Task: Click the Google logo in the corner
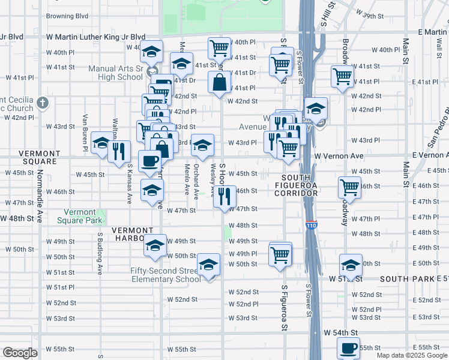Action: point(20,353)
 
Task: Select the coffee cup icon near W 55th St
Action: point(348,347)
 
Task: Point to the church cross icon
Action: point(41,102)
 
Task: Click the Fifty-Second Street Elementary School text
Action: point(166,275)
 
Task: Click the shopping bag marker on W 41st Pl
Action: point(219,83)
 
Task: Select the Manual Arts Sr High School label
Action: point(116,73)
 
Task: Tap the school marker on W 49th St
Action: point(155,246)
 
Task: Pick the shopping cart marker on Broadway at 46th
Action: point(349,187)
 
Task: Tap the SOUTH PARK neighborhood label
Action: point(402,279)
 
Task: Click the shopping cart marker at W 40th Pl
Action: point(219,47)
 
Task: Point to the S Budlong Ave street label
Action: point(100,252)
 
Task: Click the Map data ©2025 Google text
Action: point(412,355)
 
